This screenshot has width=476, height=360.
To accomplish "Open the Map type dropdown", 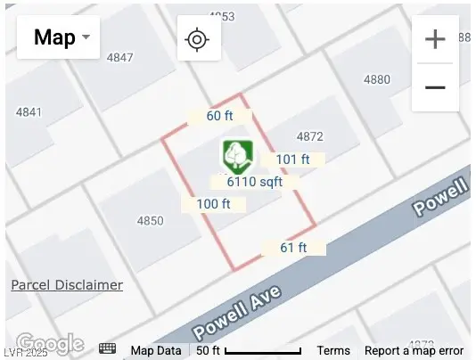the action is (59, 37).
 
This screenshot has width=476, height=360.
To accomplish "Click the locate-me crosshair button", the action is (198, 39).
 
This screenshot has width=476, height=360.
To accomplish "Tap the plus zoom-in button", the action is (435, 40).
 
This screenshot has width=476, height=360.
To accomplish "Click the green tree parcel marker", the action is (237, 156).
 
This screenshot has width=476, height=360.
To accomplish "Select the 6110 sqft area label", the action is (254, 181).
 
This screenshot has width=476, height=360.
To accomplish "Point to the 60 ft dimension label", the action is (219, 117).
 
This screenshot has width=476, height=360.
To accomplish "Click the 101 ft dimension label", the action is (292, 160).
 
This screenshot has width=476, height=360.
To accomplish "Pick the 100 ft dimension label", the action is (213, 204).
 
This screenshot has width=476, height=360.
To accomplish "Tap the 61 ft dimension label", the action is (293, 248).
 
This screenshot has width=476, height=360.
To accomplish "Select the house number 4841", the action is (29, 112).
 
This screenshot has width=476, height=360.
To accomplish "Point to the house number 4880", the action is (377, 79).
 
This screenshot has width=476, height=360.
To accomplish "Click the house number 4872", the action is (309, 136).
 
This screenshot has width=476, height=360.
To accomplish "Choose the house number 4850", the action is (150, 220).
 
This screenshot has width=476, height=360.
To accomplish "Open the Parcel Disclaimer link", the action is (67, 285).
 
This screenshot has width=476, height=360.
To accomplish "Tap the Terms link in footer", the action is (333, 351).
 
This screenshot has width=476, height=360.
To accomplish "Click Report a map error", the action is (414, 351).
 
